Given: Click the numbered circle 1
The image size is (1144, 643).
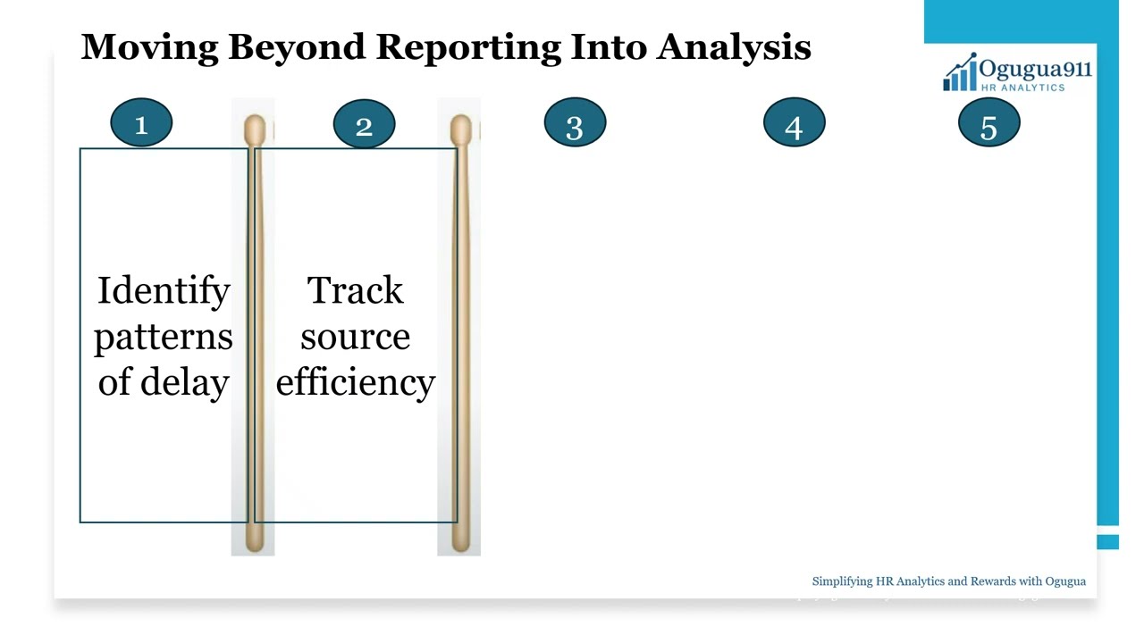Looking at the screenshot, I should (x=141, y=124).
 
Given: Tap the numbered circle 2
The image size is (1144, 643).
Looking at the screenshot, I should (x=364, y=124).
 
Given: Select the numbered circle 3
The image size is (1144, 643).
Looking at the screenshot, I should (x=575, y=124).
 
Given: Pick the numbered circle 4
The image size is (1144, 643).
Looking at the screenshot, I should (x=794, y=124).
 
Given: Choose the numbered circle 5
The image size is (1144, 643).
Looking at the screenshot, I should (x=988, y=124).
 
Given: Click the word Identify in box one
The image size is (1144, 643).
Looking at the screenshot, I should (x=164, y=292).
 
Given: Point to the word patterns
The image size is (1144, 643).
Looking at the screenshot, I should (x=164, y=338).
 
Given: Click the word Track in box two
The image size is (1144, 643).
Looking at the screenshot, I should (x=355, y=292).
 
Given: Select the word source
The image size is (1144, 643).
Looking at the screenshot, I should (x=355, y=338).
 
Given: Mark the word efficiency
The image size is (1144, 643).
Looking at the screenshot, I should (x=355, y=382).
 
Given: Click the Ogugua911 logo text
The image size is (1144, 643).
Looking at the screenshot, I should (x=1035, y=69).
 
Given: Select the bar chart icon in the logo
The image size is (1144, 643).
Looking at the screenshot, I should (x=960, y=74).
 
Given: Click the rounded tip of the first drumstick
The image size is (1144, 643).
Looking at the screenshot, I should (x=254, y=129).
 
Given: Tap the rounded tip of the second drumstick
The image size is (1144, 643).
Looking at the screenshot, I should (x=460, y=129).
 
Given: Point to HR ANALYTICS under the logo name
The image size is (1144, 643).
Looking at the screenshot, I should (x=1023, y=88).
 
